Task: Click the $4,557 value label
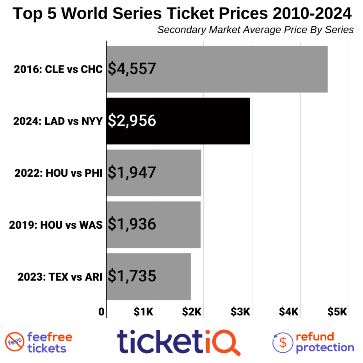[132, 69]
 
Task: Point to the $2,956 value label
[132, 121]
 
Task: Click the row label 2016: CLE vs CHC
[58, 69]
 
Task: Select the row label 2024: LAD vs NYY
[58, 121]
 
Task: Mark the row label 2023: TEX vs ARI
[60, 277]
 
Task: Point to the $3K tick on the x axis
[240, 312]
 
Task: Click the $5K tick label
[337, 312]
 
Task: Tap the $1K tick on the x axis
[144, 312]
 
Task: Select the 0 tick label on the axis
[101, 312]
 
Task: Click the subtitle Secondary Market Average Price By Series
[255, 30]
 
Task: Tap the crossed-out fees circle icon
[14, 342]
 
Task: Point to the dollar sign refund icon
[283, 342]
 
